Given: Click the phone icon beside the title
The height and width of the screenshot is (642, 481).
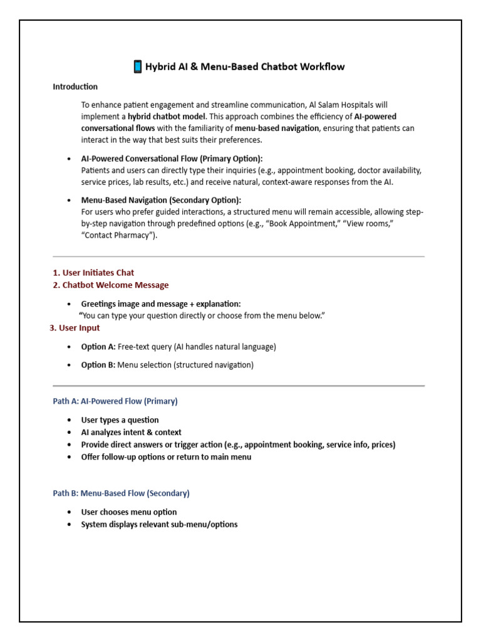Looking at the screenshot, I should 138,66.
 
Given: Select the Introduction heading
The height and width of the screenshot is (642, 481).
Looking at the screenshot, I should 75,87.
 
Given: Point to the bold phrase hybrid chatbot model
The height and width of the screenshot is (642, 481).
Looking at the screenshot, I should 167,117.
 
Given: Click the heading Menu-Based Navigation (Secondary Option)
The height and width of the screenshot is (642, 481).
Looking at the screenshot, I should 161,200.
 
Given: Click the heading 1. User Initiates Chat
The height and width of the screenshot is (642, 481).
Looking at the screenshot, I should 93,273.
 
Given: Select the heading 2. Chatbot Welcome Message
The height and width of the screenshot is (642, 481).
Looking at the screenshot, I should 111,285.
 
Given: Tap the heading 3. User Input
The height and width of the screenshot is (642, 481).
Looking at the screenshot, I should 75,328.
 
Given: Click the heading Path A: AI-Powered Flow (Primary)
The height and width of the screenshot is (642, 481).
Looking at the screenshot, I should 115,401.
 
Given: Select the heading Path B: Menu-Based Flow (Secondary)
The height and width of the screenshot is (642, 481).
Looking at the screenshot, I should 121,493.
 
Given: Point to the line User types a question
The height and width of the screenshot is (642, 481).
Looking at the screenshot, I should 120,420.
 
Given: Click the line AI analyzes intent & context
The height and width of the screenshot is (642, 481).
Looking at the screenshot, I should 132,433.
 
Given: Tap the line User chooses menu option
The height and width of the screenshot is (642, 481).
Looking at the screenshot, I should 129,512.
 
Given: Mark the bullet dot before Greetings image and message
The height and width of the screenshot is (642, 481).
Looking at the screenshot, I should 69,304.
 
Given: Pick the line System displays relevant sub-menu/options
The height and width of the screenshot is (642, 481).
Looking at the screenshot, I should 159,525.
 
